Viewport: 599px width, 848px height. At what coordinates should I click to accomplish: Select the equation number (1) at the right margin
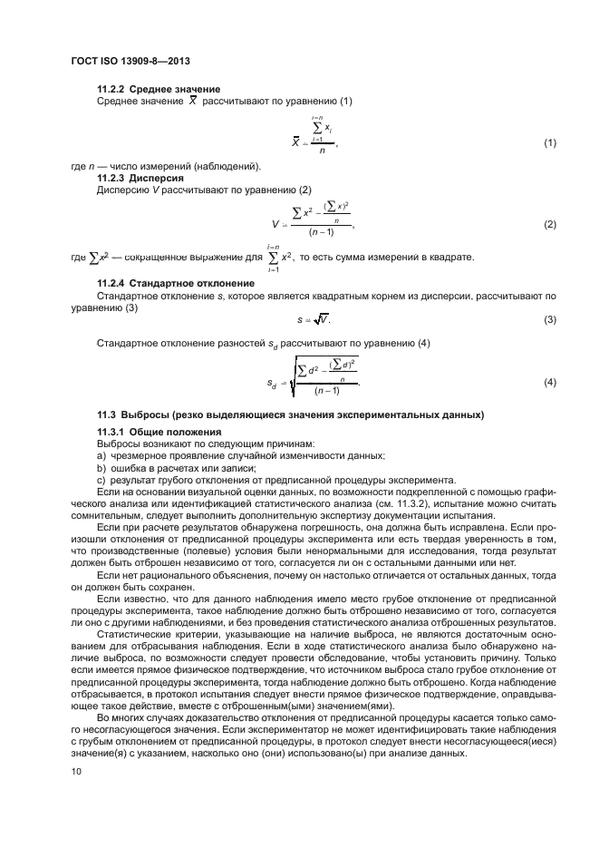[549, 143]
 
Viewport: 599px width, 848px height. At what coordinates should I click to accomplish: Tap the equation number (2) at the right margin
[549, 224]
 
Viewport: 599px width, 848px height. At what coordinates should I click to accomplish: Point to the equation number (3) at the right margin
[549, 319]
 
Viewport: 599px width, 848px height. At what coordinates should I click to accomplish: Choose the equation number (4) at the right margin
[549, 382]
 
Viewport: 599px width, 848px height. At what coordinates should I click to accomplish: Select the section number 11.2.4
[111, 284]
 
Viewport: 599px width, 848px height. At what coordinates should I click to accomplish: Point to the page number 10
[77, 771]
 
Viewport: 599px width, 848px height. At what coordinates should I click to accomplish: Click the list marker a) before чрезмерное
[101, 456]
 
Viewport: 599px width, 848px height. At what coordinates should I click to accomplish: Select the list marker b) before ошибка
[101, 468]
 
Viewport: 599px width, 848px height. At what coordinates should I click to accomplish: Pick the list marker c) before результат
[101, 480]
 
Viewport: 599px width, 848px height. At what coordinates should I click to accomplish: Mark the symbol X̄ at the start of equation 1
[296, 143]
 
